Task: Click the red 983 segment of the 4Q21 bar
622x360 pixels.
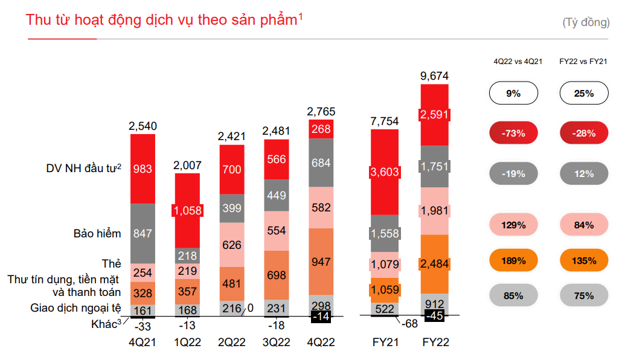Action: click(x=143, y=169)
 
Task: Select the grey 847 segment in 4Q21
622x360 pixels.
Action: click(x=143, y=234)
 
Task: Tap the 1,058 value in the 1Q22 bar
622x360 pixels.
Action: click(x=187, y=210)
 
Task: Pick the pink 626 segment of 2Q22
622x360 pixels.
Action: click(x=231, y=245)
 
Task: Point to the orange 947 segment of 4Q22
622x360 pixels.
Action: click(x=321, y=262)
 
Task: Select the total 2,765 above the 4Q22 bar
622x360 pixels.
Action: click(x=321, y=112)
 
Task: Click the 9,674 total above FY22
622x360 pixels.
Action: click(x=435, y=76)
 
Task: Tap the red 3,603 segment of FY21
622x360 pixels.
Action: click(x=385, y=172)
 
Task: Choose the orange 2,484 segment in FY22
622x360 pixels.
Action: click(x=435, y=263)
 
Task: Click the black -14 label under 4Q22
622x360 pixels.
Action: click(x=321, y=316)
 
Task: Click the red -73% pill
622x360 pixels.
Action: click(x=513, y=133)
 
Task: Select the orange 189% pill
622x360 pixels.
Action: click(x=513, y=261)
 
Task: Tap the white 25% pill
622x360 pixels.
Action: click(x=584, y=94)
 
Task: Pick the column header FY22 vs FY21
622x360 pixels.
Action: click(x=583, y=62)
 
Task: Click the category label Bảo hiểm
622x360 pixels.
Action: click(x=97, y=234)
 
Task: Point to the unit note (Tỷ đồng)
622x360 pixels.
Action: click(x=585, y=23)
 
